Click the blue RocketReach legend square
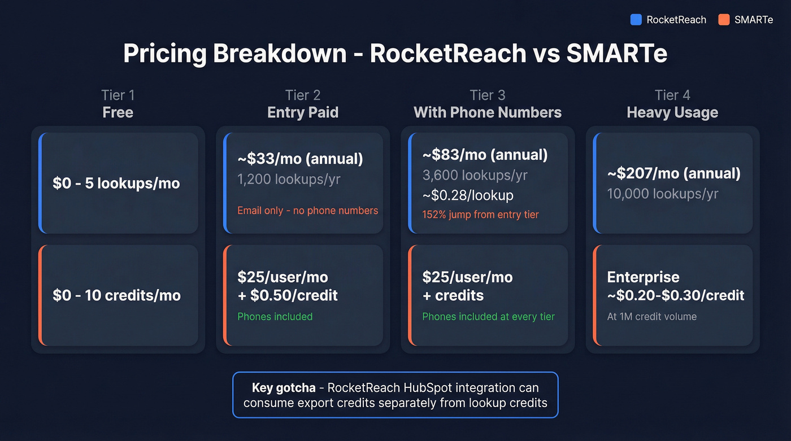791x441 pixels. (x=636, y=20)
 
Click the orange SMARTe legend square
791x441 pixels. (x=724, y=20)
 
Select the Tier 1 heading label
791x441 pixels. (x=118, y=95)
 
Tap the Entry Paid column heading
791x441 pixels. (x=303, y=112)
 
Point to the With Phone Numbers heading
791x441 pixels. (x=488, y=112)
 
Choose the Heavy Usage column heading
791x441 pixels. (x=672, y=112)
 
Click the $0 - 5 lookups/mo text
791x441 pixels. (x=116, y=183)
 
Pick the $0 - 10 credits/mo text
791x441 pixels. (x=116, y=295)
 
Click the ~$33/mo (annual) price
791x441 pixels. (x=300, y=159)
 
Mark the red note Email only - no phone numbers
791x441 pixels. (x=307, y=211)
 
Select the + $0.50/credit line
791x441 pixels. (x=288, y=295)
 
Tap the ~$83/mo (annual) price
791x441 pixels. (x=485, y=155)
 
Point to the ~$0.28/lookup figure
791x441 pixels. (x=468, y=195)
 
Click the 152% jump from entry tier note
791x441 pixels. (x=480, y=215)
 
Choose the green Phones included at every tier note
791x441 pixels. (x=488, y=317)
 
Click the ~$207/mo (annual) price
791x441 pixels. (x=673, y=173)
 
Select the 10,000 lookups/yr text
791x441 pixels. (x=663, y=194)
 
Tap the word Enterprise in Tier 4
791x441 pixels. (x=643, y=277)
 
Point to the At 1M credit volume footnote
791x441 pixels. (x=652, y=317)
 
